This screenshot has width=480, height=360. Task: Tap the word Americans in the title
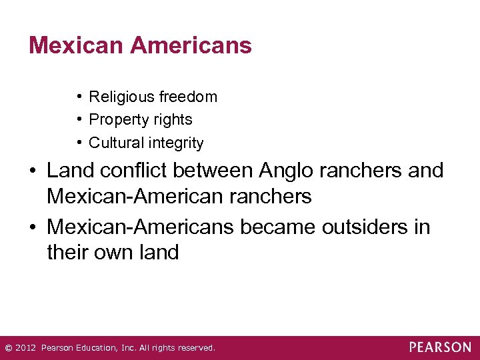(191, 45)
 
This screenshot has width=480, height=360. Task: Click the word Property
(115, 120)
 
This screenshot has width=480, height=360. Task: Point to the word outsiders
(358, 227)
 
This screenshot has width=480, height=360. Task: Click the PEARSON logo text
(440, 347)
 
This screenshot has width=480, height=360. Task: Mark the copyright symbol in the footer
(7, 348)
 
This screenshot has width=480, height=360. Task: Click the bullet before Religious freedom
(79, 97)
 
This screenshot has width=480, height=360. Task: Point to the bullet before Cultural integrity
(79, 143)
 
